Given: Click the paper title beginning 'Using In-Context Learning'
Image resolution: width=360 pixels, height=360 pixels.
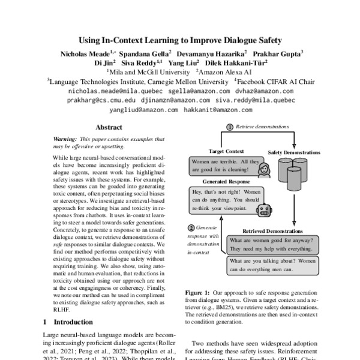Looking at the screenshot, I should [x=180, y=41].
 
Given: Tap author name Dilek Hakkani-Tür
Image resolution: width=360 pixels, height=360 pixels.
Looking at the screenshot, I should [x=236, y=62].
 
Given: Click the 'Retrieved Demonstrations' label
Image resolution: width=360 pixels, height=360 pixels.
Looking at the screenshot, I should [x=276, y=230].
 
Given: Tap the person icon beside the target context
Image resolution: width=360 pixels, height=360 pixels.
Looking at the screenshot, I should [x=262, y=170].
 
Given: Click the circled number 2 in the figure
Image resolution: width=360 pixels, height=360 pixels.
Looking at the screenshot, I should [x=191, y=228].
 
